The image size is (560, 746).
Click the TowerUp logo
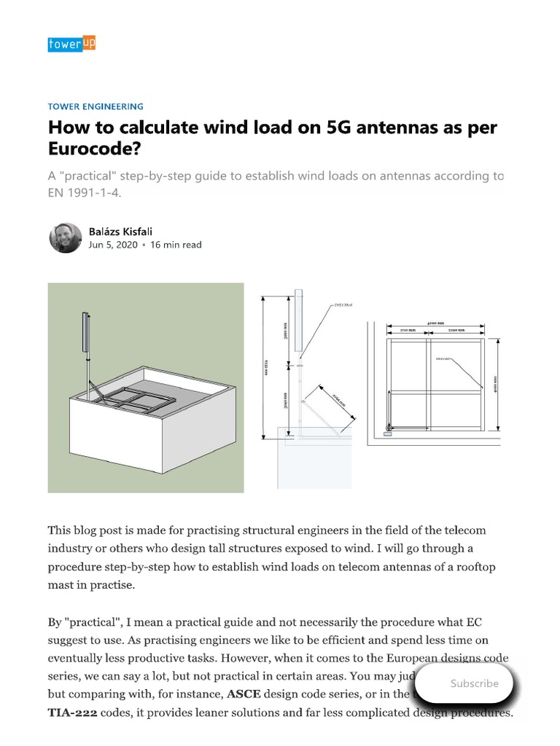pyautogui.click(x=71, y=44)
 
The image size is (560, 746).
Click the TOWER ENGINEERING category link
pyautogui.click(x=96, y=106)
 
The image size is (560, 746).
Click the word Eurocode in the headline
pyautogui.click(x=93, y=149)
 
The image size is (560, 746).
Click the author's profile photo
pyautogui.click(x=65, y=237)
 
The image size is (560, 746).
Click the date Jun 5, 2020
pyautogui.click(x=112, y=245)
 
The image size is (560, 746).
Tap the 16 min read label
pyautogui.click(x=176, y=245)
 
